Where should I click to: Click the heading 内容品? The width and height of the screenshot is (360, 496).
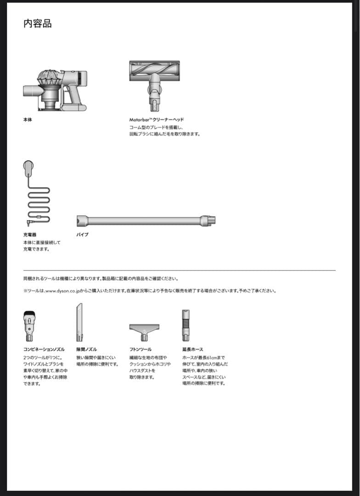[x=37, y=23]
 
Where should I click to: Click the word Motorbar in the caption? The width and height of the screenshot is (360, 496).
[x=140, y=119]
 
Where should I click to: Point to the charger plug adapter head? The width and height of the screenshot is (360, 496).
[x=28, y=167]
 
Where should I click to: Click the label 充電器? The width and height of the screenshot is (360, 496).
[x=30, y=235]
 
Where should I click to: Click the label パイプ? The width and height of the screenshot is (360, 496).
[x=82, y=235]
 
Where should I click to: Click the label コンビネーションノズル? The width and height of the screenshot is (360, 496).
[x=44, y=349]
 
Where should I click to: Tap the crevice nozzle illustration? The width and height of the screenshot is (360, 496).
[x=79, y=321]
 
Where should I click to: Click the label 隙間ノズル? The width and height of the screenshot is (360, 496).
[x=86, y=349]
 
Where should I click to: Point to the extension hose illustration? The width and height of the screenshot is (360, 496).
[x=186, y=325]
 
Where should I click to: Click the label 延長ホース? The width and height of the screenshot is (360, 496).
[x=192, y=349]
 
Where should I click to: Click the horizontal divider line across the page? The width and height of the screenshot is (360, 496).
[x=179, y=270]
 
